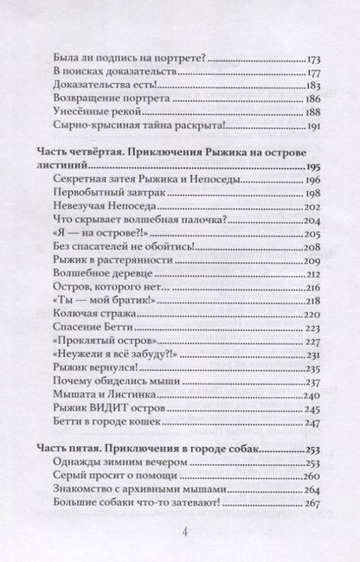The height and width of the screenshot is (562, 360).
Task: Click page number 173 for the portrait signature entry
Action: click(316, 63)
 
